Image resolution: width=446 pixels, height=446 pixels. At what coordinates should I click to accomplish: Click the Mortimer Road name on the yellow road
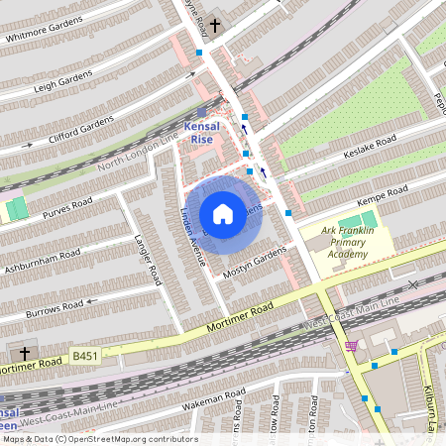240,318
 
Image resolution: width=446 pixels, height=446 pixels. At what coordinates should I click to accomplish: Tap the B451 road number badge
85,354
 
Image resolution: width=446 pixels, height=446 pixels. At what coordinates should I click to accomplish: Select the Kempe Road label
383,192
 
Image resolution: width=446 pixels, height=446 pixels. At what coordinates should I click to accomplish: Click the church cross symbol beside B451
26,354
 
